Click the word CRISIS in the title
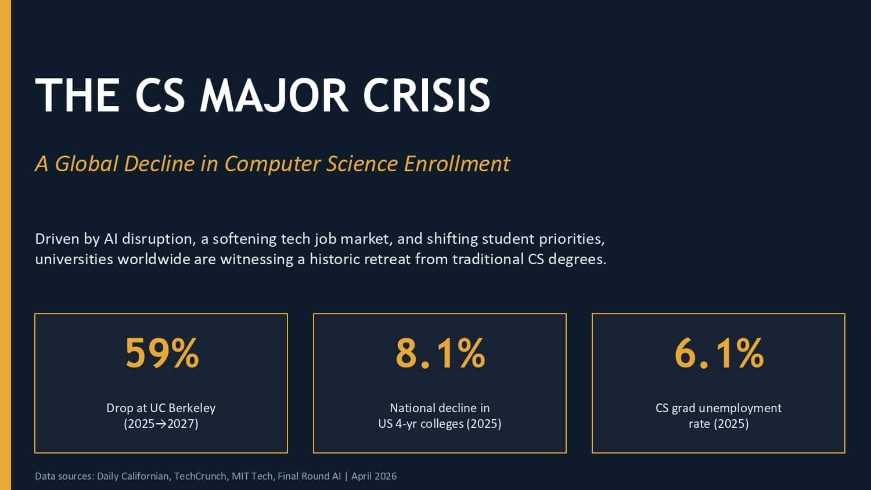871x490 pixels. [427, 95]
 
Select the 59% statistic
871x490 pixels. [162, 353]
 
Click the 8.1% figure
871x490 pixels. [440, 353]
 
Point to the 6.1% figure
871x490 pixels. [719, 353]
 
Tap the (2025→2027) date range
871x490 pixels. [161, 424]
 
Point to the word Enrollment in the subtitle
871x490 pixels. [457, 164]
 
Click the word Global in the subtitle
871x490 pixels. [87, 164]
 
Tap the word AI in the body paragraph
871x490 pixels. [111, 239]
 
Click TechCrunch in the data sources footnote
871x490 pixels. [200, 476]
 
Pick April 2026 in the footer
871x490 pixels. [374, 476]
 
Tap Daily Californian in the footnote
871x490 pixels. [133, 476]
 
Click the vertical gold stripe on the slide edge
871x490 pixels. [5, 245]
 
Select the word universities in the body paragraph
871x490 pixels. [74, 259]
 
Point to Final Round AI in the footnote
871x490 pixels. [309, 476]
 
